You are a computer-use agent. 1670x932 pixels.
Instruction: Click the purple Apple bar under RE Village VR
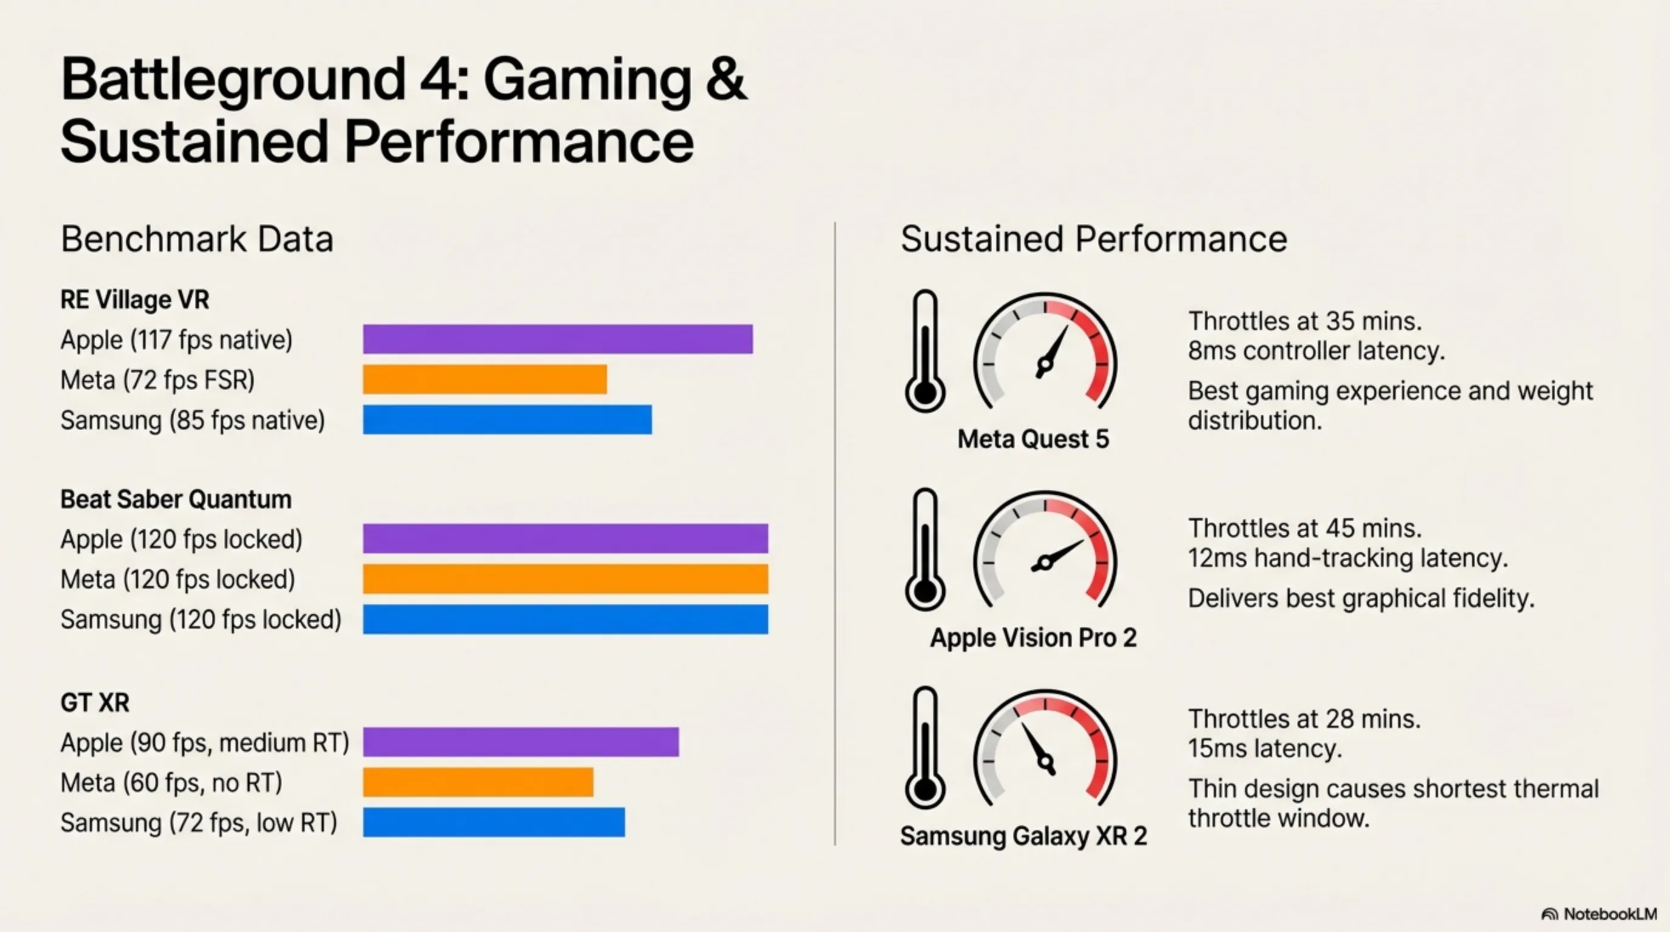(x=558, y=339)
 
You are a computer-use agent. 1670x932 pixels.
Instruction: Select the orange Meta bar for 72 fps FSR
(x=484, y=379)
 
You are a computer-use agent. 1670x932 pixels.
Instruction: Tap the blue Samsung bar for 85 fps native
(x=507, y=419)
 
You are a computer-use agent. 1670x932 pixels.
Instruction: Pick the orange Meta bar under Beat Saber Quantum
(x=566, y=579)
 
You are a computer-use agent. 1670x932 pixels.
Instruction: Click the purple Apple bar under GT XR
(x=521, y=742)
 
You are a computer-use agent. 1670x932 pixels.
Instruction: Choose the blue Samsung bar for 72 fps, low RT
(x=493, y=822)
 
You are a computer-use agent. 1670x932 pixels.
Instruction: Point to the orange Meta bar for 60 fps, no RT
(x=478, y=782)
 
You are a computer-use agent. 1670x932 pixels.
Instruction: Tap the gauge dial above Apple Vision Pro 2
(x=1044, y=551)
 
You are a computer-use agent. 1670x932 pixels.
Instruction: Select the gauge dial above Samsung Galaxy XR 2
(x=1044, y=749)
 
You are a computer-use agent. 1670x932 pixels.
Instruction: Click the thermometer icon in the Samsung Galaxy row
(x=924, y=748)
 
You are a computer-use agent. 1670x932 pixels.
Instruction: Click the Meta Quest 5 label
(x=1033, y=439)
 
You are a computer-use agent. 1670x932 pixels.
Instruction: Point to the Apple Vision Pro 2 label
(x=1033, y=638)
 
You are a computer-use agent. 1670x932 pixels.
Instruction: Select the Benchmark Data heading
(x=197, y=238)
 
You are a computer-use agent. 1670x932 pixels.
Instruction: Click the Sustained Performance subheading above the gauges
(x=1093, y=238)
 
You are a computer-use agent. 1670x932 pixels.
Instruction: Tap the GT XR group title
(x=95, y=703)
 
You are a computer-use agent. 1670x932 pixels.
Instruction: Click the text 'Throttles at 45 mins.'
(x=1304, y=528)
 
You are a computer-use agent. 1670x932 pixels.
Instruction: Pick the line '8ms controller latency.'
(x=1316, y=351)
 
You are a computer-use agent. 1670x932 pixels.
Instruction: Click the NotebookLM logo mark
(x=1549, y=914)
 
